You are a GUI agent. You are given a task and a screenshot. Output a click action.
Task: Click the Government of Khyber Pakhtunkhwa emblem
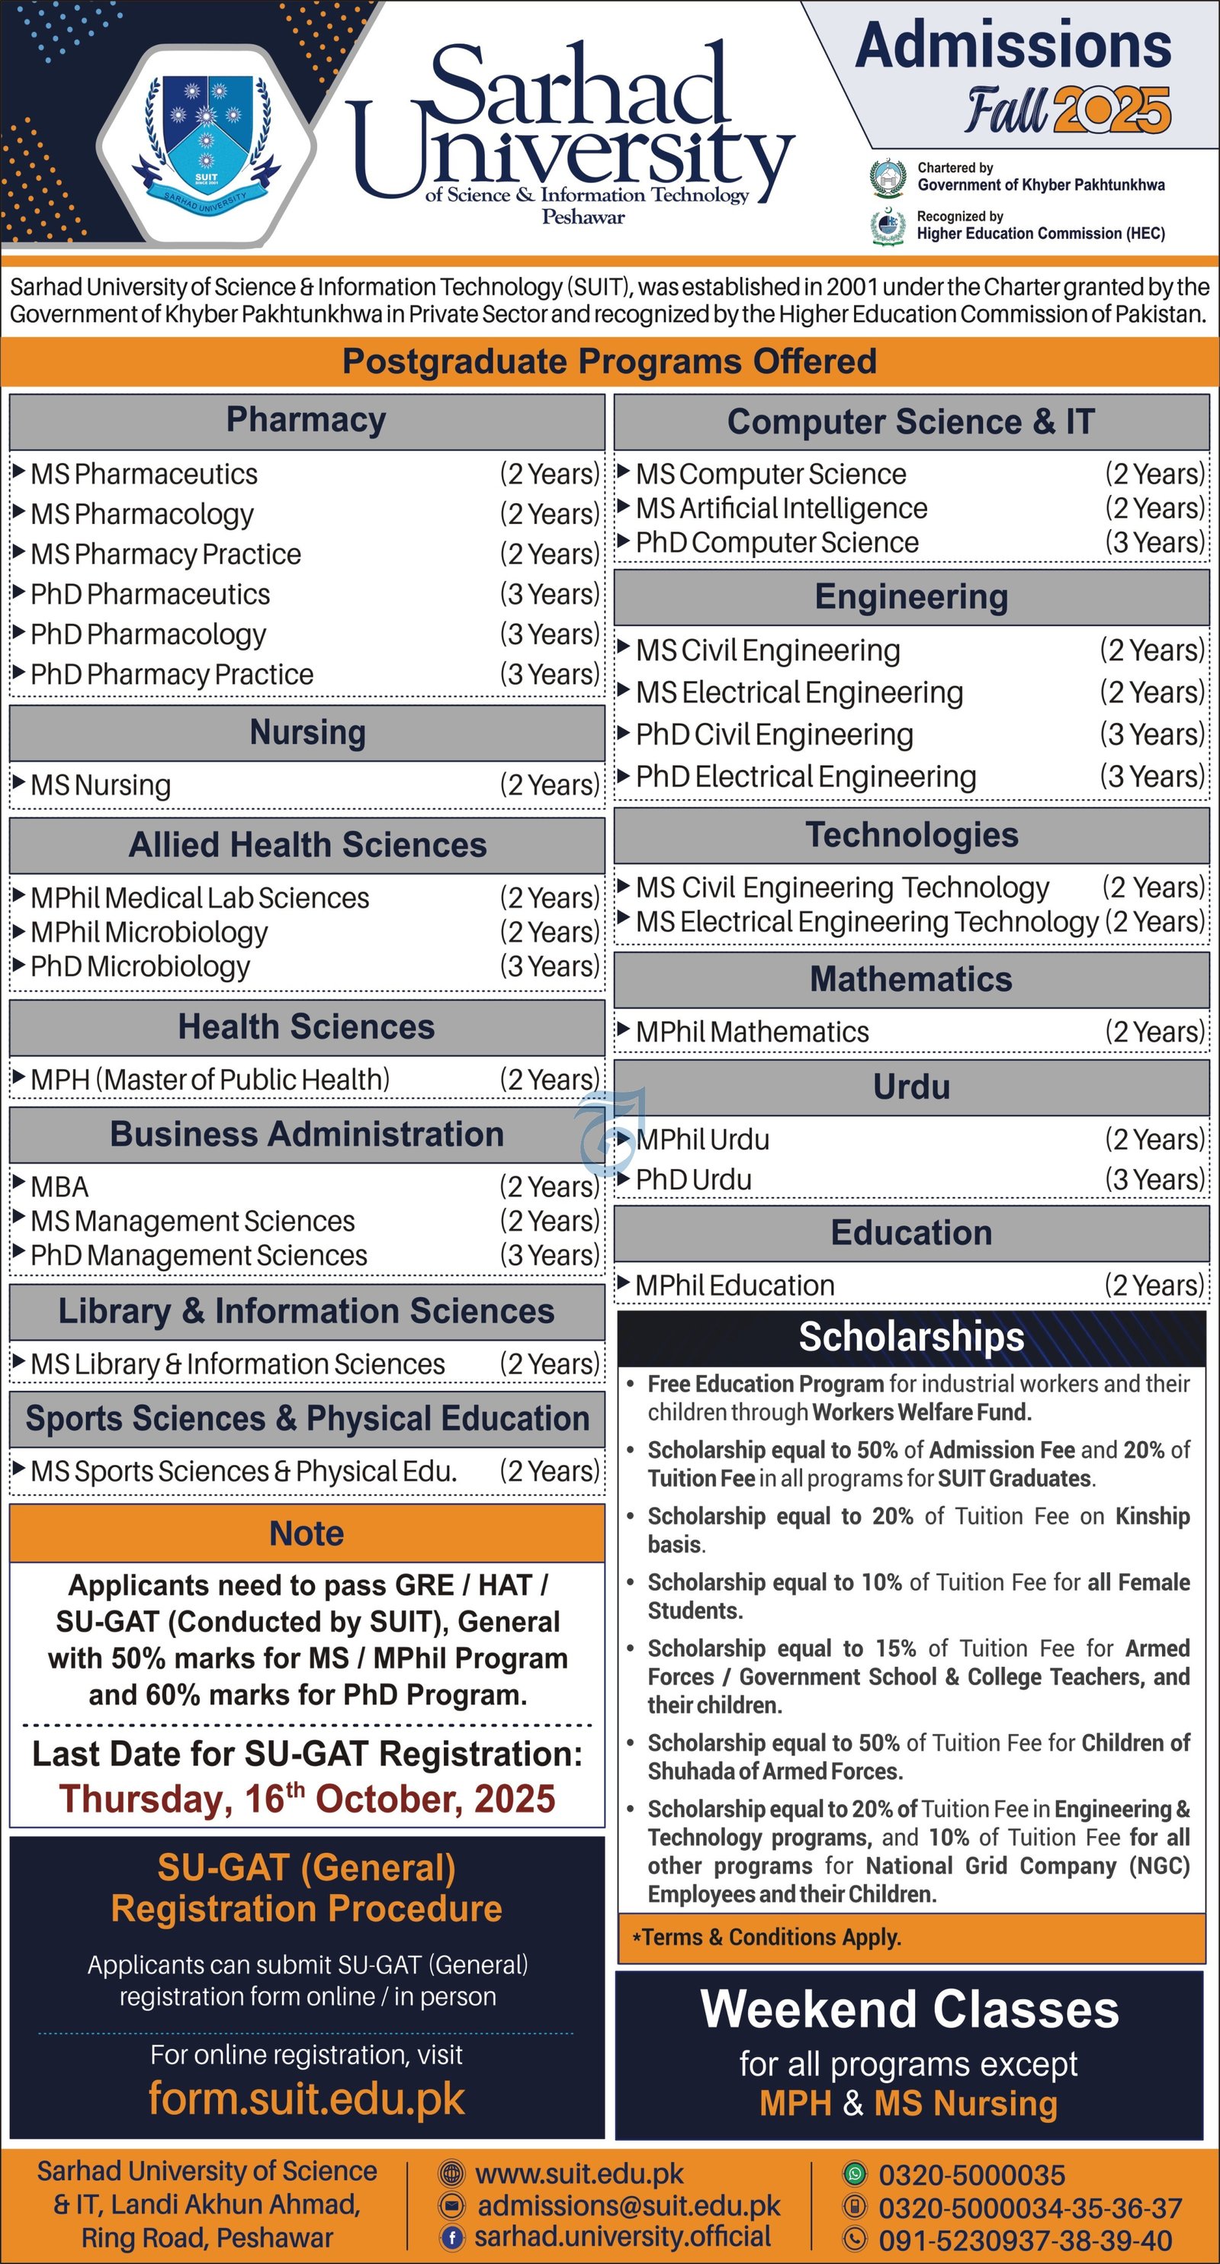(888, 178)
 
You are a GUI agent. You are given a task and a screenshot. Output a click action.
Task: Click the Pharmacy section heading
(306, 420)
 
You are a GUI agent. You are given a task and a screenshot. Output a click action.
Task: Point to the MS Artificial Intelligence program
(782, 508)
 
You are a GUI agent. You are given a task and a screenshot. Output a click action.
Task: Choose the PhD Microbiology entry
(140, 966)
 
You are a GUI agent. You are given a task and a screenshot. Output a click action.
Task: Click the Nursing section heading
(307, 732)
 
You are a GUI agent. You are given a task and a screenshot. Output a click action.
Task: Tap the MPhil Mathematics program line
(753, 1032)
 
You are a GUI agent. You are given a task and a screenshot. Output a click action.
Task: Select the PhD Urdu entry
(694, 1180)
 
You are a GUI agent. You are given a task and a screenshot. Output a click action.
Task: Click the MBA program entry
(59, 1187)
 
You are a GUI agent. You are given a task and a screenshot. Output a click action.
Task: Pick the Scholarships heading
(911, 1337)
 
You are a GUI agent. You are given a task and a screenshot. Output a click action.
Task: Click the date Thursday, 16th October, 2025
(307, 1798)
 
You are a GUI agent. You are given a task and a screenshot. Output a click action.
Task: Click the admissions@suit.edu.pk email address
(628, 2205)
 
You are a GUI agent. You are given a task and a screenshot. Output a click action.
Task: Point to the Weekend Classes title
(910, 2009)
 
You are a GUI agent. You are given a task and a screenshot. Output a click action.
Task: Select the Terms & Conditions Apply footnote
(766, 1937)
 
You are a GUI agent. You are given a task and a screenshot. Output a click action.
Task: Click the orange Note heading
(307, 1533)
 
